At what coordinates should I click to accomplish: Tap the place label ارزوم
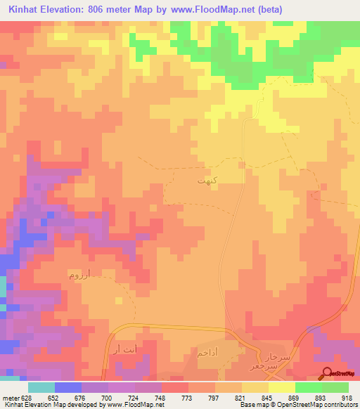pyautogui.click(x=79, y=273)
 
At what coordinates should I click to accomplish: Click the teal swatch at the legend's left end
pyautogui.click(x=41, y=387)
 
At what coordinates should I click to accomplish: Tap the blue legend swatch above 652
pyautogui.click(x=68, y=387)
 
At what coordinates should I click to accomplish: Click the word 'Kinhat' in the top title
pyautogui.click(x=27, y=8)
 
